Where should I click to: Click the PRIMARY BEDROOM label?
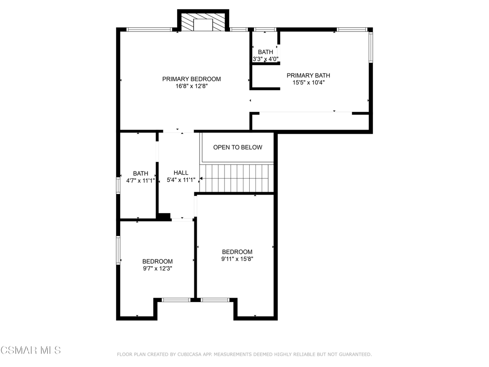[x=191, y=79]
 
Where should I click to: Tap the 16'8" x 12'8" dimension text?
[x=191, y=86]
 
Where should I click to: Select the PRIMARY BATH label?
[x=308, y=76]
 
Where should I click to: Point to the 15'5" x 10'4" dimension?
[x=308, y=83]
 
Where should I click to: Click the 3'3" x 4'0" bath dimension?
[x=266, y=59]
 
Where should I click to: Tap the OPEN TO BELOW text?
[x=238, y=147]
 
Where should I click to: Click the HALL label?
[x=181, y=173]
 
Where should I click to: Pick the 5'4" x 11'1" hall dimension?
[x=181, y=180]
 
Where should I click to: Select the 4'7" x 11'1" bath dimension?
[x=141, y=180]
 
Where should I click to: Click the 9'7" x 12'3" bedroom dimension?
[x=158, y=269]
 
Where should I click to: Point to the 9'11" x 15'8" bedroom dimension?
[x=237, y=259]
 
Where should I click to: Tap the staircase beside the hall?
[x=237, y=178]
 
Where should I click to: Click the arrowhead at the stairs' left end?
[x=201, y=179]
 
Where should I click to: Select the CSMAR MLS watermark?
[x=31, y=350]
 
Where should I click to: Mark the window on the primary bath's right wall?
[x=371, y=47]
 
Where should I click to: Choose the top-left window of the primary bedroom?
[x=149, y=30]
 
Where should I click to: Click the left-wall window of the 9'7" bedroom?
[x=118, y=250]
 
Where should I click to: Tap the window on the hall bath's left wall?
[x=118, y=185]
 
